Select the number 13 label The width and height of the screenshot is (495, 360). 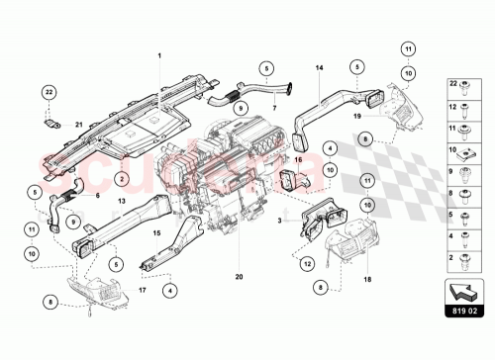tap(122, 202)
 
